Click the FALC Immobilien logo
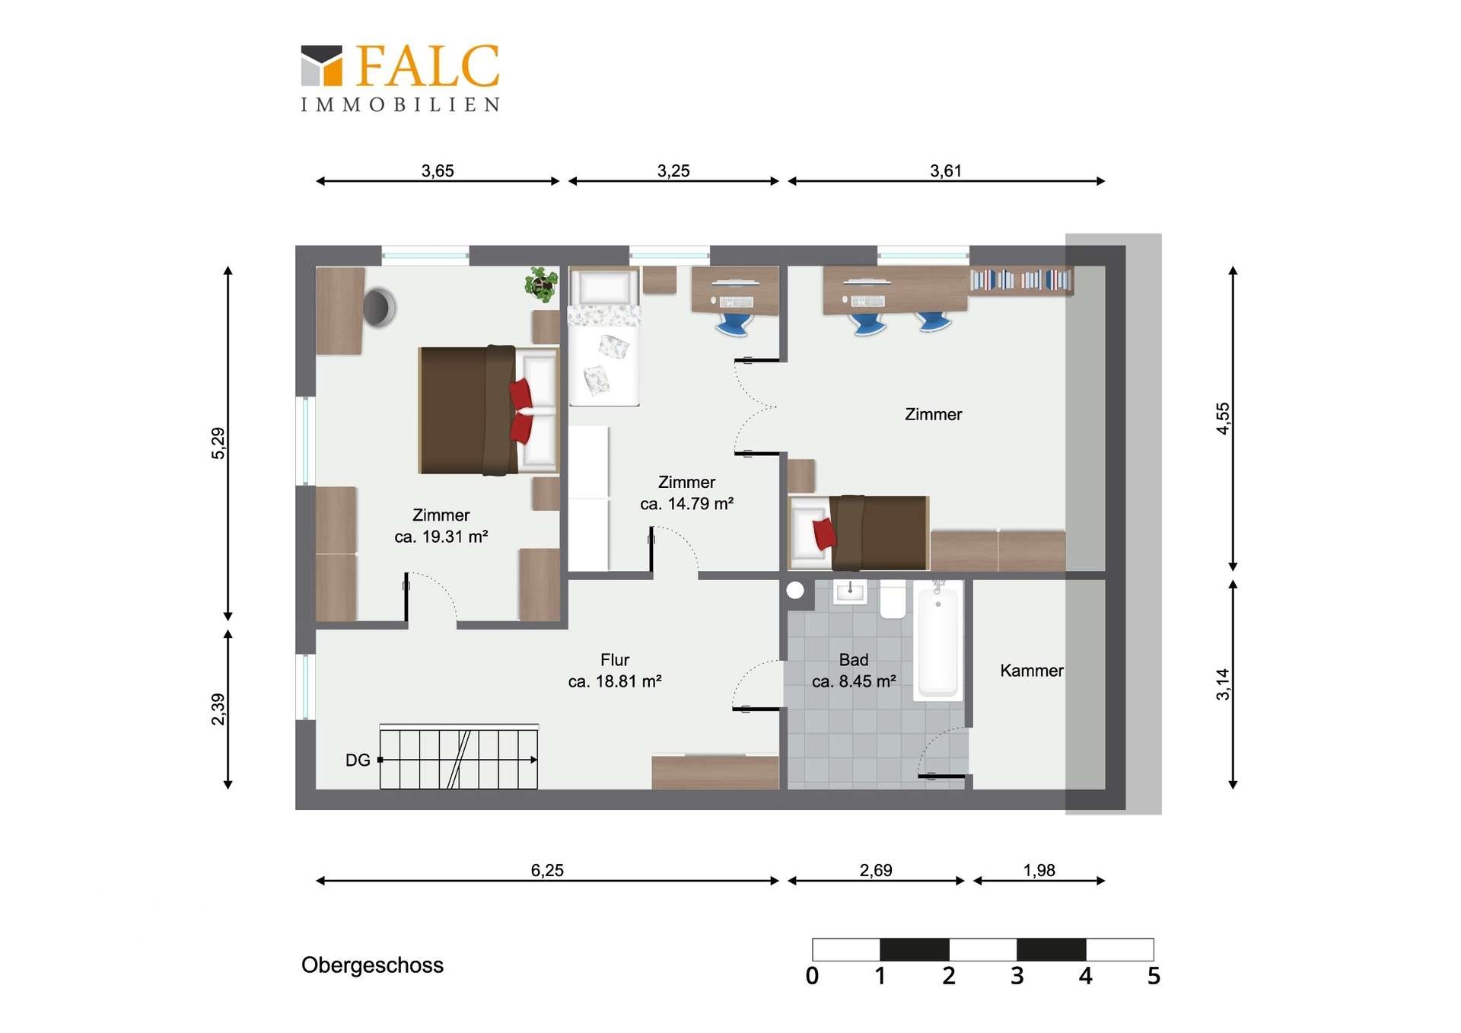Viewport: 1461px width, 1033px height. [400, 78]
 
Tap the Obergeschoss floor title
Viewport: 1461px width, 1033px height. [372, 965]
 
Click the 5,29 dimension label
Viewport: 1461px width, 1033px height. [218, 443]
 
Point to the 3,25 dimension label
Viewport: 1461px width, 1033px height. [673, 171]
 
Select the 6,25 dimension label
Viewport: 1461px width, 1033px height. [547, 870]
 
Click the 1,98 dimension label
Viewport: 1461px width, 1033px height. [1039, 870]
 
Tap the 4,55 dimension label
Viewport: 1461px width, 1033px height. [1222, 418]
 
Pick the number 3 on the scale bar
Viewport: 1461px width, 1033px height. [1017, 976]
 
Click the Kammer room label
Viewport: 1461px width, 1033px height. [1031, 671]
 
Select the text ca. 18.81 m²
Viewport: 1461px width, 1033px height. [615, 681]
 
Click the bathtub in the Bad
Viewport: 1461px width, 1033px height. [938, 639]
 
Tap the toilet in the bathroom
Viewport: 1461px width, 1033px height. [893, 600]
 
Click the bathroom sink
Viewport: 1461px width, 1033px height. [850, 591]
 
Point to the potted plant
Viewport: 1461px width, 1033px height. [541, 284]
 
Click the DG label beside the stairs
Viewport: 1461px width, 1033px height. [358, 760]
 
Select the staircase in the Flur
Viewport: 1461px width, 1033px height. [459, 757]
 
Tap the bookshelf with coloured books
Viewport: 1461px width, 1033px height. [1020, 280]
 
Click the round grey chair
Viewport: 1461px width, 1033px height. [379, 308]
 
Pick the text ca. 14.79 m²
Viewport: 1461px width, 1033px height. [686, 504]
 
